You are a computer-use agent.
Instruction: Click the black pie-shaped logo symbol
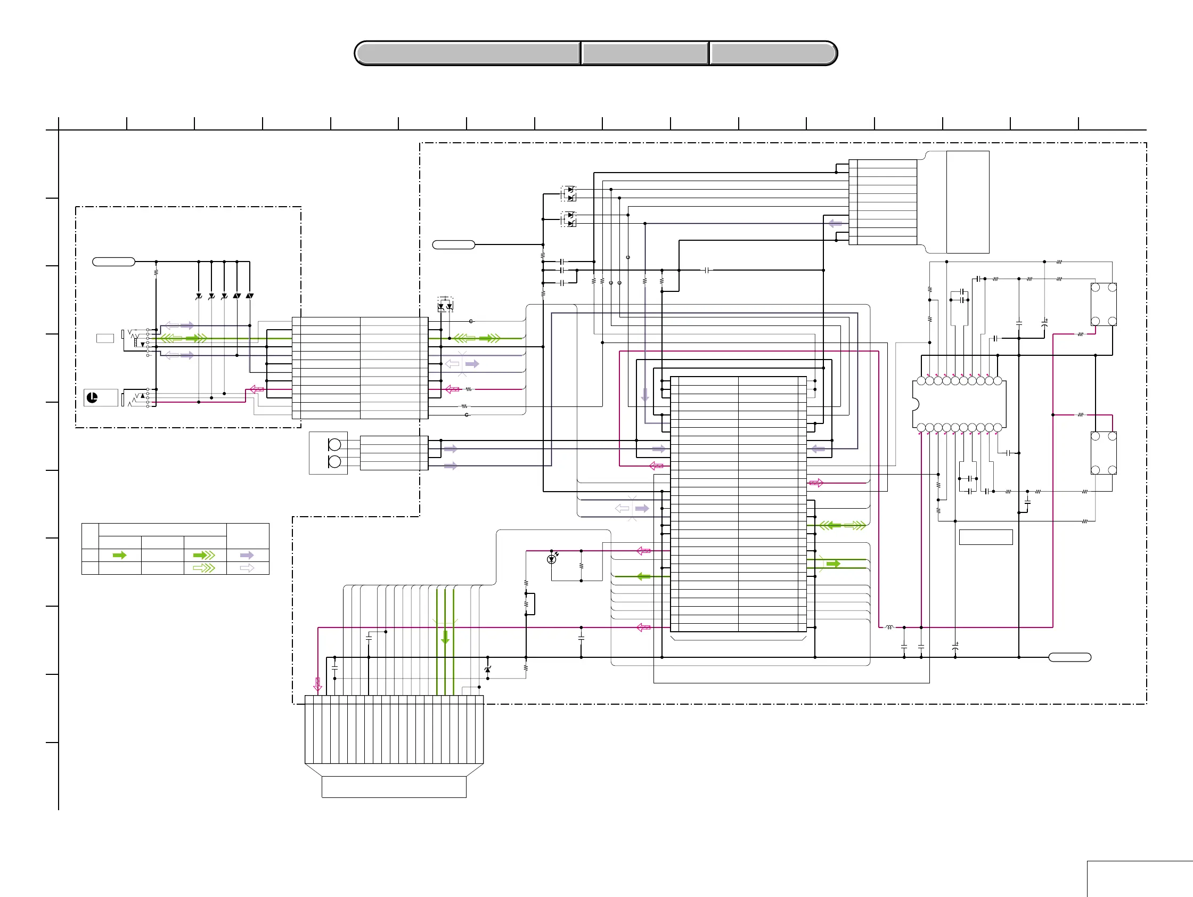coord(92,398)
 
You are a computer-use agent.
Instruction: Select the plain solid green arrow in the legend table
coord(120,555)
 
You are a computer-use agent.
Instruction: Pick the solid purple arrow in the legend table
coord(247,555)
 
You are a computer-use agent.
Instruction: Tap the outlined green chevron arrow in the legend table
coord(204,568)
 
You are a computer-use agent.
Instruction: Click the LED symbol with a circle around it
coord(551,559)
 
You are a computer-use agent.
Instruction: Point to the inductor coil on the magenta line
coord(889,627)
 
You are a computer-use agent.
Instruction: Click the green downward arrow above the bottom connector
coord(445,638)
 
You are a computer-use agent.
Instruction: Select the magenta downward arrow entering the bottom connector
coord(317,684)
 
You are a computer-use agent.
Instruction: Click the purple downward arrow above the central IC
coord(644,395)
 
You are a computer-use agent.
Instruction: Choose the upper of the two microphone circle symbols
coord(334,444)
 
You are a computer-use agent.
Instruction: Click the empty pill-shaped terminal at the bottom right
coord(1069,657)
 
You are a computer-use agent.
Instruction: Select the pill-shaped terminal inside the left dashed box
coord(113,262)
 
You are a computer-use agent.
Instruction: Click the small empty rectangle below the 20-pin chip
coord(985,537)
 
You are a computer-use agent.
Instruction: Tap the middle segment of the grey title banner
coord(644,53)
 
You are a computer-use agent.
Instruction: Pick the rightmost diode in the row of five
coord(250,296)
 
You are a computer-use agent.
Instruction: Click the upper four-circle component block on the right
coord(1103,304)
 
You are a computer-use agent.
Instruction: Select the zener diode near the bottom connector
coord(487,670)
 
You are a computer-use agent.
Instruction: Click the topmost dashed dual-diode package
coord(568,193)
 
